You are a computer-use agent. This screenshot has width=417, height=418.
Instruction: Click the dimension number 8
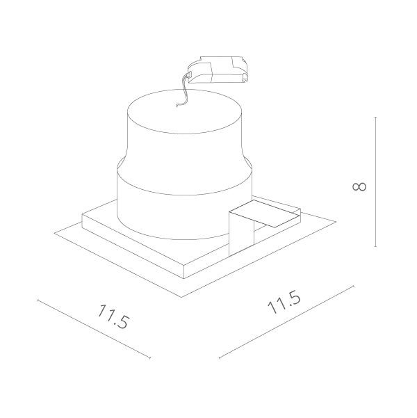[359, 186]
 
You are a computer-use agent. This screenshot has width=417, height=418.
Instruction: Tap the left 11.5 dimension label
[113, 316]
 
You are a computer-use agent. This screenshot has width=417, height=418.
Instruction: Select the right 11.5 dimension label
[283, 305]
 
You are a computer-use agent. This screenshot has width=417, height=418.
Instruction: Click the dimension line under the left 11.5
[94, 329]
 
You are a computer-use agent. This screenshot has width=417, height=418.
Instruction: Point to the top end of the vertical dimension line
[376, 118]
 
